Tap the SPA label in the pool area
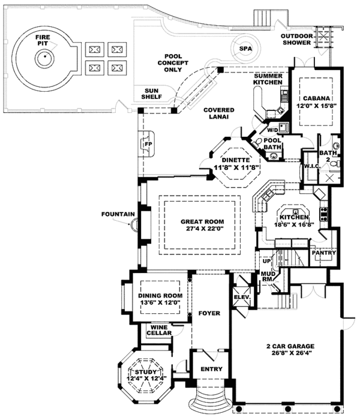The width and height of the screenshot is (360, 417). tap(244, 49)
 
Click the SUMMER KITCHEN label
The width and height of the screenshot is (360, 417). tap(267, 80)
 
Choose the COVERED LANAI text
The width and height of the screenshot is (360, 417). tap(218, 113)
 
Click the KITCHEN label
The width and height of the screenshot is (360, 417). tap(293, 217)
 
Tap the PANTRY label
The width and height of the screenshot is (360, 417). tap(323, 253)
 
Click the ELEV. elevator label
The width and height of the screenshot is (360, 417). tap(241, 296)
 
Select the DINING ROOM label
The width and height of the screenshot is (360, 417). tap(160, 296)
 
